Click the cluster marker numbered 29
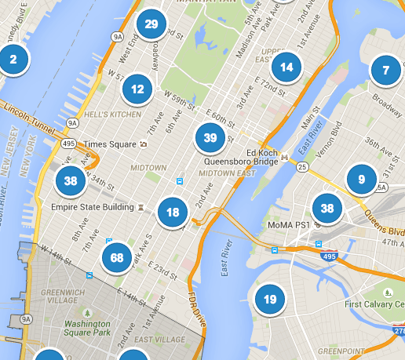[151, 24]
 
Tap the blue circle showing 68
[117, 257]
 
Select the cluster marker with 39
[210, 138]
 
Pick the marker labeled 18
[173, 212]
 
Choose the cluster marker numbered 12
[137, 89]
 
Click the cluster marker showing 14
[286, 67]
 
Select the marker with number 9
[361, 179]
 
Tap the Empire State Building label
[91, 209]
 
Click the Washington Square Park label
[86, 328]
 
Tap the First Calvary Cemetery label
[373, 304]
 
